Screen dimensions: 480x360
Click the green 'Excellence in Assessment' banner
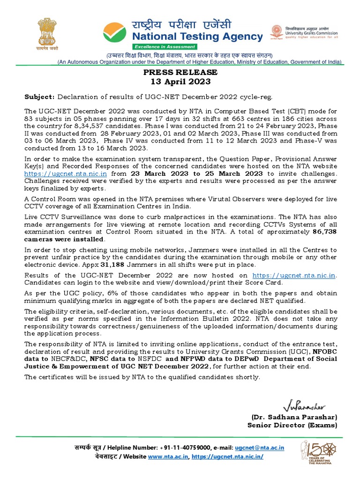pos(164,47)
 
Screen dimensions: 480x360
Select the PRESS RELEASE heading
pos(180,72)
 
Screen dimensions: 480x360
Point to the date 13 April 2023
pos(180,82)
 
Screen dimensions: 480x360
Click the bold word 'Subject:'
pos(39,97)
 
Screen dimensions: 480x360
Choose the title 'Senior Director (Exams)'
pos(292,425)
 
